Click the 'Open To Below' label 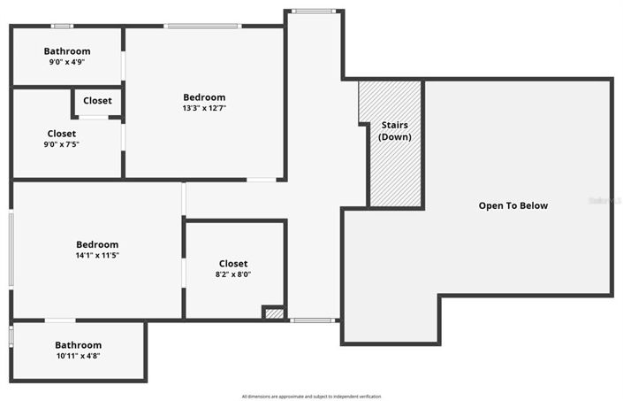(513, 205)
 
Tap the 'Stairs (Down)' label (394, 131)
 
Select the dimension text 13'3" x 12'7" (204, 108)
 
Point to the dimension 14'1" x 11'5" (97, 255)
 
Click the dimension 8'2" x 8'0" (233, 274)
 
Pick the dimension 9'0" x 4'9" (67, 63)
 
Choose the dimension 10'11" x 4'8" (79, 356)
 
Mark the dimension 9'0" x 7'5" (62, 144)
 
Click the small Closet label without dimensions (97, 101)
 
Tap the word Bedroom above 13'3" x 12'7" (204, 97)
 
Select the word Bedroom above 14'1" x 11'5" (97, 244)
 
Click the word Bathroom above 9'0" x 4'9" (67, 51)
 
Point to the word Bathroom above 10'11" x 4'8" (79, 345)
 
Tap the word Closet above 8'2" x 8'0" (233, 264)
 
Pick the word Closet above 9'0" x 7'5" (62, 134)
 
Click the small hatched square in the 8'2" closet (274, 312)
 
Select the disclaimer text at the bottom (311, 396)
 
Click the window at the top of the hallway (314, 12)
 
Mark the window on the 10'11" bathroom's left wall (11, 337)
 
